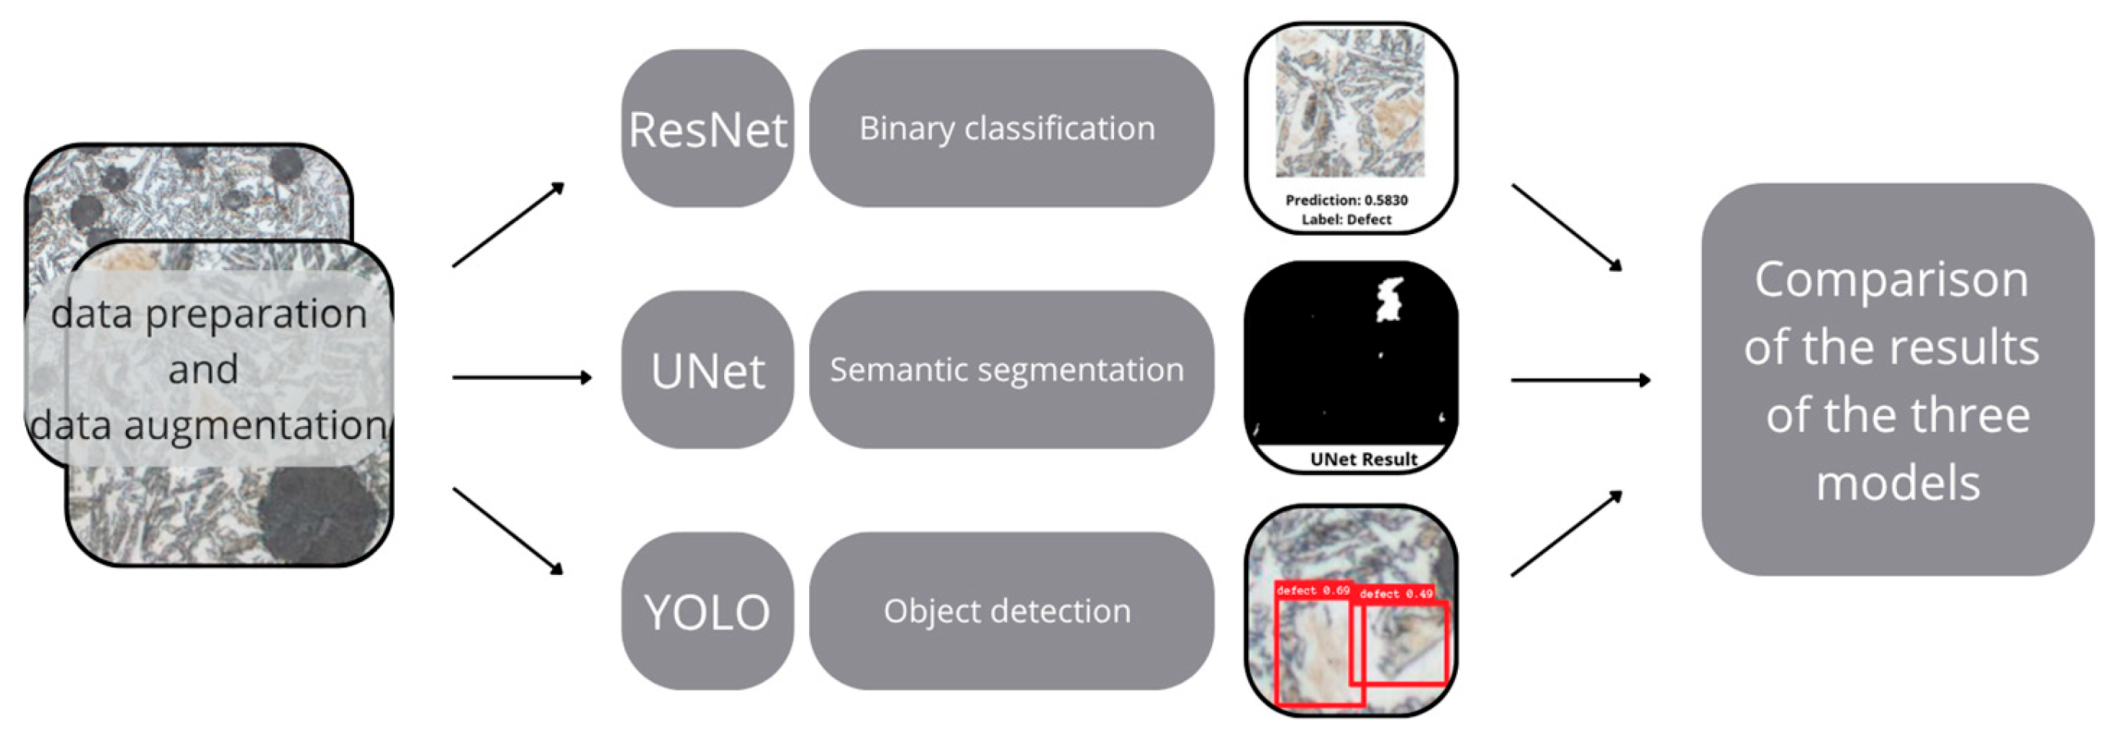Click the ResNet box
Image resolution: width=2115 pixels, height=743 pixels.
pyautogui.click(x=707, y=129)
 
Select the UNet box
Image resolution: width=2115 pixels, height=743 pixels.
pyautogui.click(x=707, y=370)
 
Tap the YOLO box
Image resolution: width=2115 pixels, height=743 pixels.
pyautogui.click(x=707, y=612)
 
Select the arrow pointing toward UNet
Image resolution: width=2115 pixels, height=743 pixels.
pyautogui.click(x=522, y=378)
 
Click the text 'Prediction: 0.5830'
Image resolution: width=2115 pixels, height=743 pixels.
pyautogui.click(x=1347, y=200)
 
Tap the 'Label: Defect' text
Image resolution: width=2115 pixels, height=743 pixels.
pyautogui.click(x=1347, y=220)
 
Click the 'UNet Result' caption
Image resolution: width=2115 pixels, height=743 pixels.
pyautogui.click(x=1363, y=460)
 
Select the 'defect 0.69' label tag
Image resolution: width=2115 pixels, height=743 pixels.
pyautogui.click(x=1313, y=590)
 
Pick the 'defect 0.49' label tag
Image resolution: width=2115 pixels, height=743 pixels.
pyautogui.click(x=1396, y=593)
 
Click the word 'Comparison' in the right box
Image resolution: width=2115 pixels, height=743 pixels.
pyautogui.click(x=1892, y=280)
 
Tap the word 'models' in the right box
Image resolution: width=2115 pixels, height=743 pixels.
pyautogui.click(x=1899, y=483)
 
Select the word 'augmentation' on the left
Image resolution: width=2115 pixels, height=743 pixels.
pyautogui.click(x=255, y=425)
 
